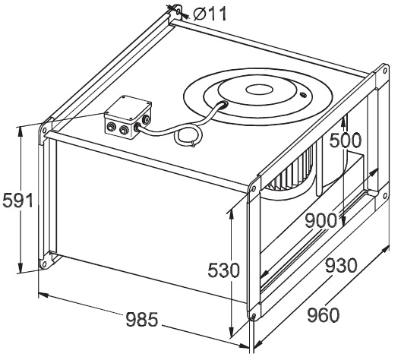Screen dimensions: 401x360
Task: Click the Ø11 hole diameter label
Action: [210, 14]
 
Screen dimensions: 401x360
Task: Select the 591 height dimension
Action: [18, 201]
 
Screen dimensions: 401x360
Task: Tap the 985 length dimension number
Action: [142, 320]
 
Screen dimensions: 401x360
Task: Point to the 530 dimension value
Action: [224, 270]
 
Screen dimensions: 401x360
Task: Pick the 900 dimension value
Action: [321, 221]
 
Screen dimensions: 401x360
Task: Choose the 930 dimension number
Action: [341, 265]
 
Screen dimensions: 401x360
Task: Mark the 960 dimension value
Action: [324, 315]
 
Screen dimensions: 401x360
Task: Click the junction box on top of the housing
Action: [128, 117]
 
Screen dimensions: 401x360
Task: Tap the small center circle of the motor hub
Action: [259, 90]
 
